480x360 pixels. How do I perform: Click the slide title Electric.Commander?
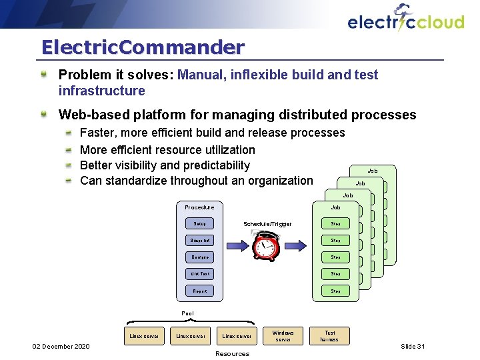pos(143,47)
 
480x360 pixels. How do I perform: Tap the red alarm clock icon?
pos(267,248)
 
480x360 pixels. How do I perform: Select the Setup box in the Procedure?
pos(199,224)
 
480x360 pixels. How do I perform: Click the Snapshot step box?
pos(199,241)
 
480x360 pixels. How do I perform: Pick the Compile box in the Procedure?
pos(199,257)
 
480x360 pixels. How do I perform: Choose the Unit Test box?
pos(199,274)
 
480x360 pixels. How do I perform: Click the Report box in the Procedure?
pos(199,291)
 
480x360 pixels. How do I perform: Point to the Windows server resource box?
pos(283,336)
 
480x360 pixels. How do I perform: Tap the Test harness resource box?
pos(329,336)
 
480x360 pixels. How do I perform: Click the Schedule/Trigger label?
pos(267,224)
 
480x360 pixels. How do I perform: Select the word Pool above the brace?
pos(189,313)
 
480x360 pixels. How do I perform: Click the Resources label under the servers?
pos(233,353)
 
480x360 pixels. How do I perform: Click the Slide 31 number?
pos(413,347)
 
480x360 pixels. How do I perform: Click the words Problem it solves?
pos(116,75)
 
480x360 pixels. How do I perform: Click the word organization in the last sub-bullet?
pos(278,181)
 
